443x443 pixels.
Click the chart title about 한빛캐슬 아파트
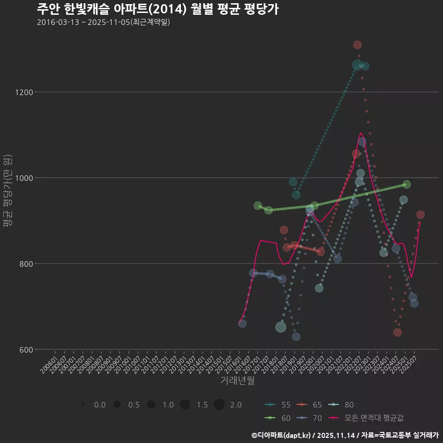point(157,9)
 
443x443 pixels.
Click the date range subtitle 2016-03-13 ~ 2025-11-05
point(103,22)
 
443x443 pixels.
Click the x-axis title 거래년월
point(237,380)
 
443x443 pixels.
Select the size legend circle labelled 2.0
point(219,405)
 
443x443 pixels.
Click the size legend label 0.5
point(134,405)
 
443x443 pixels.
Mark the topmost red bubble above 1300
point(357,45)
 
